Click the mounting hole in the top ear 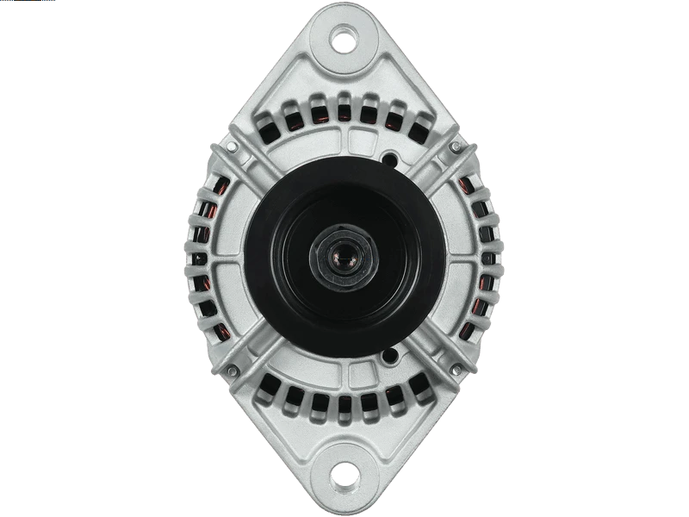click(344, 39)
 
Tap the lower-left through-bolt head click(231, 371)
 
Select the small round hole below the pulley click(390, 355)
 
